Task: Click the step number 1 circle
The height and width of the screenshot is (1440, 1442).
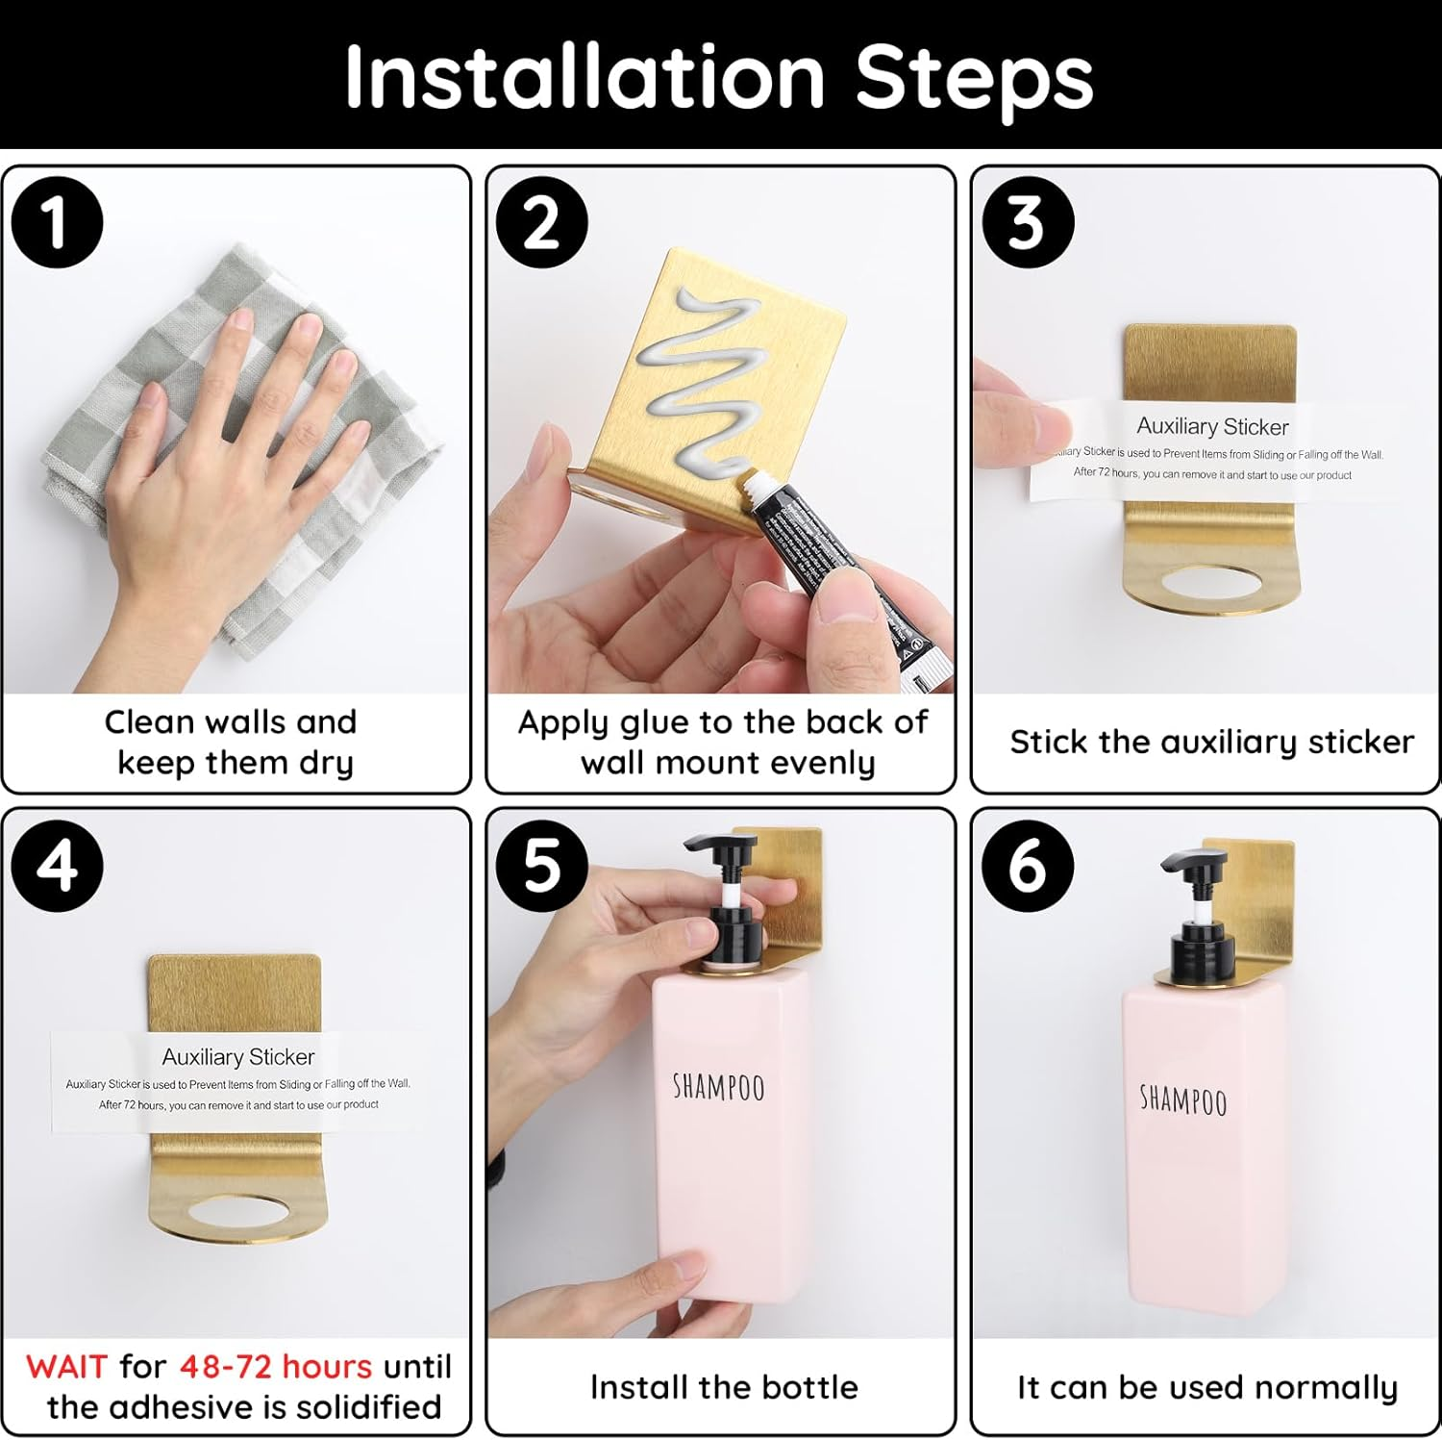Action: [57, 223]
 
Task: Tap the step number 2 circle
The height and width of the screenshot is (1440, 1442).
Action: [541, 223]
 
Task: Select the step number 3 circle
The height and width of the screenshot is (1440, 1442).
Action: [1027, 223]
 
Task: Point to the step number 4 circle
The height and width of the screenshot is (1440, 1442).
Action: [57, 866]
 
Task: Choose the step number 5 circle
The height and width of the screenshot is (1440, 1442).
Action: [541, 866]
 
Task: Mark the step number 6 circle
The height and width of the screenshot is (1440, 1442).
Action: [1027, 866]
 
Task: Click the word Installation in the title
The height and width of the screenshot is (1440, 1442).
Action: [584, 77]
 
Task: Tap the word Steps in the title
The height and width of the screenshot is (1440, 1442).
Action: [974, 77]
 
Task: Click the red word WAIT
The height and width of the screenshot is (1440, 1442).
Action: [66, 1366]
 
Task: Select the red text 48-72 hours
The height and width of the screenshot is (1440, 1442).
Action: [276, 1366]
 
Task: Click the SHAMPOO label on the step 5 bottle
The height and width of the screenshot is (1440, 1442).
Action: [718, 1087]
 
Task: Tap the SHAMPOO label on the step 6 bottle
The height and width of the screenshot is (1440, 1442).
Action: [1182, 1099]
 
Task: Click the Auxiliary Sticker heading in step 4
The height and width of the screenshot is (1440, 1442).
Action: [237, 1056]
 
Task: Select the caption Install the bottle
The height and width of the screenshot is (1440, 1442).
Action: [723, 1387]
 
